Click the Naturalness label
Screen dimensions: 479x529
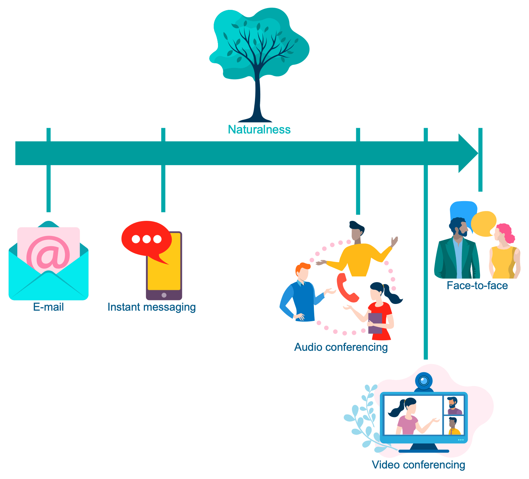point(259,130)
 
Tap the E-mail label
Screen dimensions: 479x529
point(48,307)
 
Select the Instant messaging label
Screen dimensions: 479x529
point(152,307)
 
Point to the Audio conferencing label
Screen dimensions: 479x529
point(341,347)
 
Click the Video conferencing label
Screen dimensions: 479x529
point(419,465)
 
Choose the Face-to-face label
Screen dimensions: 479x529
point(477,285)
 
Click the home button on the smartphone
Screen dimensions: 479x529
point(164,295)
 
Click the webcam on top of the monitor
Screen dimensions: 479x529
point(424,381)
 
